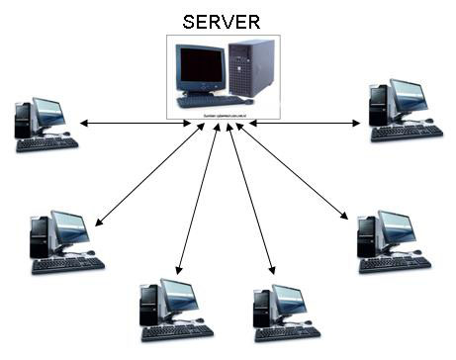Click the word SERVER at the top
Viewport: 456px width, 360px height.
click(x=222, y=20)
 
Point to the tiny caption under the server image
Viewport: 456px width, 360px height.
click(x=222, y=115)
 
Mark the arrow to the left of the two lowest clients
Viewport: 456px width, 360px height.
click(x=197, y=198)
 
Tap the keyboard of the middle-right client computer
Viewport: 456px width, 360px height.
click(x=395, y=264)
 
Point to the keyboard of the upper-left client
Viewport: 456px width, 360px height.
click(x=46, y=143)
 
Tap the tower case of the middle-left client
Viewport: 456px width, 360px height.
click(x=40, y=238)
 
